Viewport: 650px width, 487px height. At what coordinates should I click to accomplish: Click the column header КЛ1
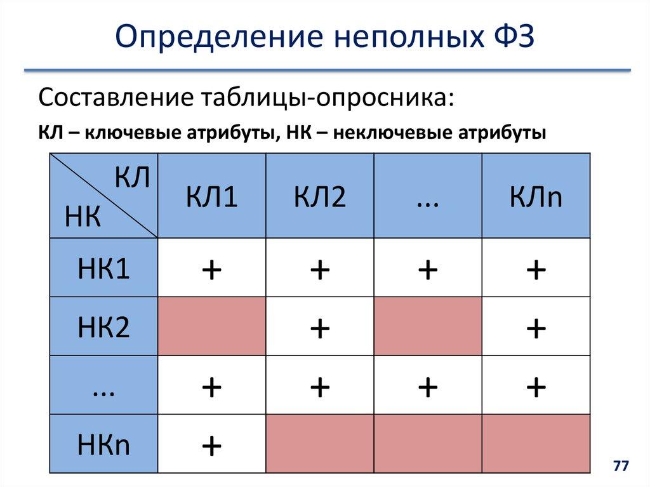pyautogui.click(x=211, y=197)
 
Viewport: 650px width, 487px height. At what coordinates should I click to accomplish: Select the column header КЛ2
pyautogui.click(x=319, y=197)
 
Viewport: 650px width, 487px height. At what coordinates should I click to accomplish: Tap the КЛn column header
pyautogui.click(x=536, y=197)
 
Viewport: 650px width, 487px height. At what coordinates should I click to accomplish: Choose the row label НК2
pyautogui.click(x=103, y=327)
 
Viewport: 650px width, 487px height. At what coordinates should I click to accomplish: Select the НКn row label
pyautogui.click(x=103, y=444)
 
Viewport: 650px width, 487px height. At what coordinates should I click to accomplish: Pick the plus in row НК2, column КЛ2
pyautogui.click(x=319, y=328)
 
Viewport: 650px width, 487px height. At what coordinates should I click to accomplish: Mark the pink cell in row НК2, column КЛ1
pyautogui.click(x=211, y=326)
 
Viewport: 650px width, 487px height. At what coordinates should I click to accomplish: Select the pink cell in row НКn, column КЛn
pyautogui.click(x=536, y=443)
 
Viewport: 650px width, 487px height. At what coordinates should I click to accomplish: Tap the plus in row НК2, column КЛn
pyautogui.click(x=536, y=328)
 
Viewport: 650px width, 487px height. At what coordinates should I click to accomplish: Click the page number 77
pyautogui.click(x=620, y=467)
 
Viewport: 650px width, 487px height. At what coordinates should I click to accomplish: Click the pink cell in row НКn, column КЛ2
pyautogui.click(x=319, y=443)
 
